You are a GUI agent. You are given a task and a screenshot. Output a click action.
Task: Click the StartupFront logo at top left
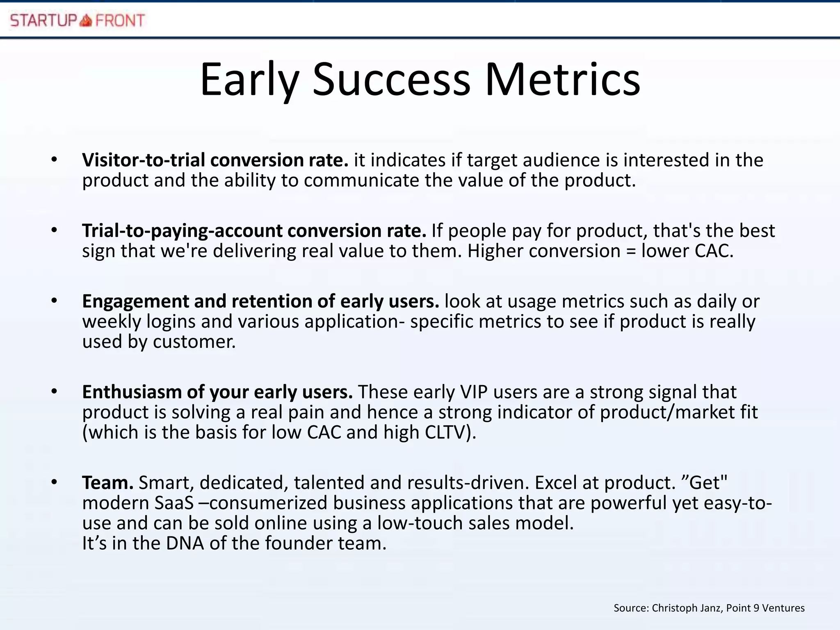pyautogui.click(x=78, y=20)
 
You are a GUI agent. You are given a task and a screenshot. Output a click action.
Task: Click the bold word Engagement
pyautogui.click(x=135, y=301)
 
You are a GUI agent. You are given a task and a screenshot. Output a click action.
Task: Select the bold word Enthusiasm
pyautogui.click(x=132, y=392)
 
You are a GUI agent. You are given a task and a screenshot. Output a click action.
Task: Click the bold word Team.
pyautogui.click(x=107, y=483)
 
